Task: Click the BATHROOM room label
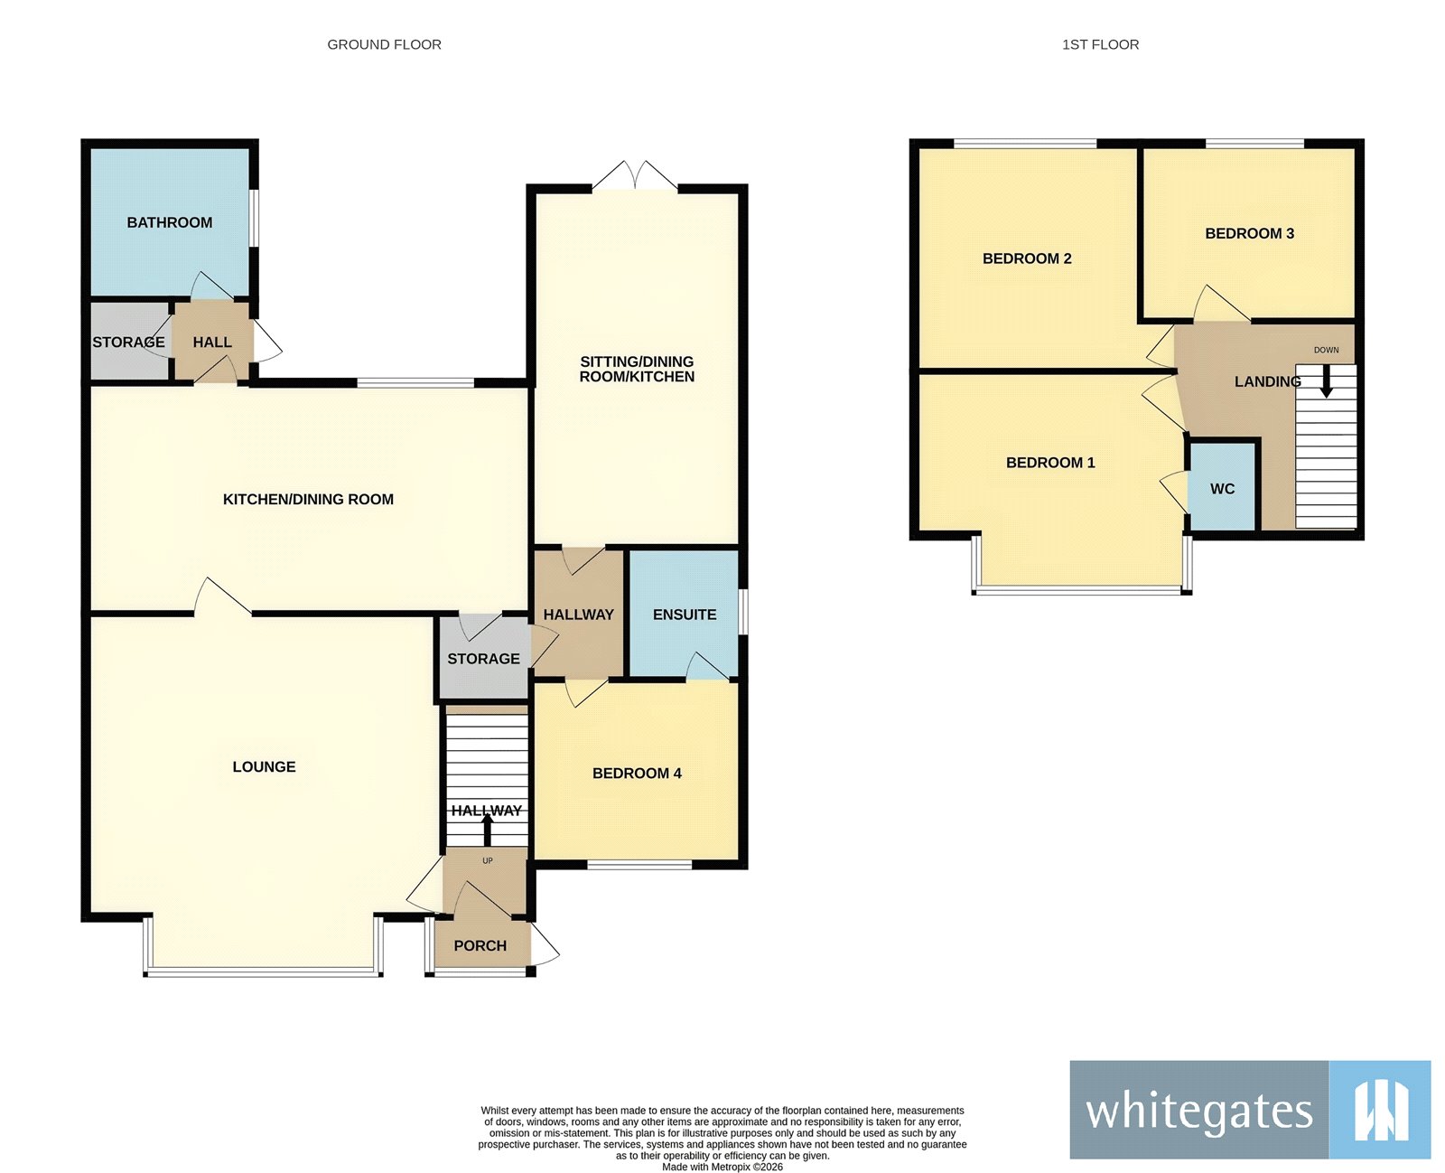[x=169, y=222]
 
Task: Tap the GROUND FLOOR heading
[x=384, y=44]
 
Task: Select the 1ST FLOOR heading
[x=1100, y=44]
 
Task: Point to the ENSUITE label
[x=684, y=615]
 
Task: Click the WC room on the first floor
[x=1222, y=488]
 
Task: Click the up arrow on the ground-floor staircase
[x=488, y=829]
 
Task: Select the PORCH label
[x=480, y=945]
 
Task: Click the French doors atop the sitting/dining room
[x=635, y=176]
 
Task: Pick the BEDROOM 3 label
[x=1249, y=233]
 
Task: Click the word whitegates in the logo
[x=1198, y=1111]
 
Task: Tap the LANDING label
[x=1266, y=381]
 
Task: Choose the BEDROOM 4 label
[x=637, y=773]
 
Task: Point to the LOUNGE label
[x=264, y=766]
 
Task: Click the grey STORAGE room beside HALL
[x=128, y=343]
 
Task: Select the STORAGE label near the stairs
[x=483, y=659]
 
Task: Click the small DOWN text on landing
[x=1326, y=350]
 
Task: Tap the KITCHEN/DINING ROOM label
[x=308, y=499]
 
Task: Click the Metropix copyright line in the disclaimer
[x=722, y=1167]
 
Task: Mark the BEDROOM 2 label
[x=1027, y=258]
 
